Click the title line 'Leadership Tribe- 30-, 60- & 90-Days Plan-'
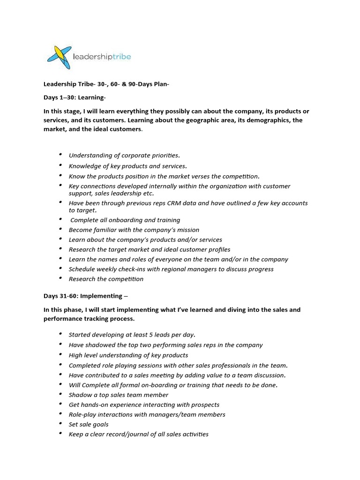click(x=106, y=84)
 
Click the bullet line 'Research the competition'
click(x=106, y=279)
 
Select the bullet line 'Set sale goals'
click(x=89, y=424)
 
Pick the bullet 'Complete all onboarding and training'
click(x=125, y=220)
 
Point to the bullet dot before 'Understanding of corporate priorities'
click(x=60, y=154)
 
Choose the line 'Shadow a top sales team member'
click(x=119, y=395)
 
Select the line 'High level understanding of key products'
click(x=128, y=355)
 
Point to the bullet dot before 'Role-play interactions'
click(x=60, y=413)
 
